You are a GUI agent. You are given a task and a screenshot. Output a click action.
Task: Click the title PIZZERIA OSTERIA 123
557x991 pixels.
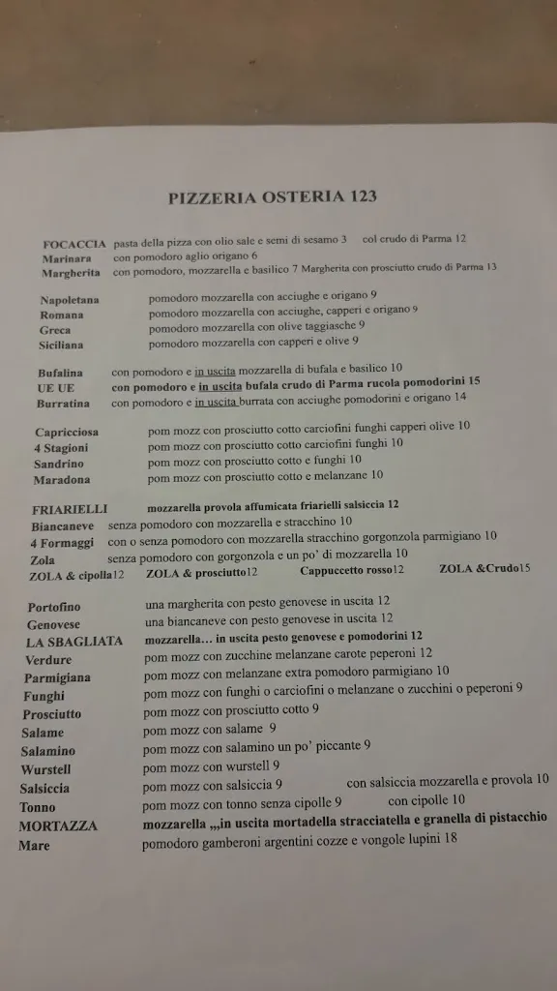273,197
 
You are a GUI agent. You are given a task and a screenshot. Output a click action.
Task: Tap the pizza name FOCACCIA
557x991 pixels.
74,243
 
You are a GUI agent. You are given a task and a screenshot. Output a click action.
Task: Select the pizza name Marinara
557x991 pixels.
67,258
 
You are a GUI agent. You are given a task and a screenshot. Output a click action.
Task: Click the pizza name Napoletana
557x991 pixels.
70,300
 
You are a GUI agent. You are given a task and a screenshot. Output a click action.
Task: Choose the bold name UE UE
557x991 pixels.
56,387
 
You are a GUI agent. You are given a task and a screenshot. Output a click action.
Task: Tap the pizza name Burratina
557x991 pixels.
63,403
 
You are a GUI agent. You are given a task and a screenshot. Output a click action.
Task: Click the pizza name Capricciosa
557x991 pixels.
69,432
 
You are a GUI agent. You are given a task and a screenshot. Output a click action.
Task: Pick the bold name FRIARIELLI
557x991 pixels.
70,509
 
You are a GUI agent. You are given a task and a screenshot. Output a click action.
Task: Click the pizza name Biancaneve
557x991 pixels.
63,526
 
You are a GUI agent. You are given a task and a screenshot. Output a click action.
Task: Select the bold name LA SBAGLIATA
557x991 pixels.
74,641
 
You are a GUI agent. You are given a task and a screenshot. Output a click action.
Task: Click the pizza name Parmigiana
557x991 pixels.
58,677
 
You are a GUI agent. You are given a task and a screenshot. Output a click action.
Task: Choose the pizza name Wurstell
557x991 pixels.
46,769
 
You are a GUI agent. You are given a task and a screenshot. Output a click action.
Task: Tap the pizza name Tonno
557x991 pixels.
38,806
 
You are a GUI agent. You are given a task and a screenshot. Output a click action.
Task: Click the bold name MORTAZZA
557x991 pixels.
58,826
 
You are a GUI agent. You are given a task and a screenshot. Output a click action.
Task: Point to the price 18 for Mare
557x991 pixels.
450,838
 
